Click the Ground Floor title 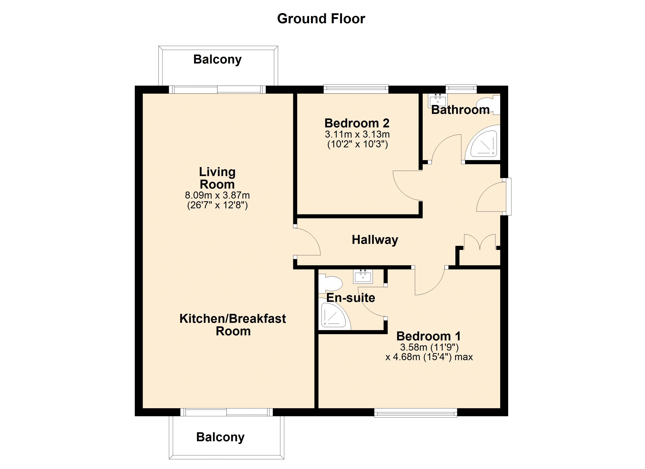click(x=321, y=19)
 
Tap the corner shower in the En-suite click(x=334, y=314)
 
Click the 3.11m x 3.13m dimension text click(x=357, y=134)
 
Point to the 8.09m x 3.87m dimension click(x=217, y=195)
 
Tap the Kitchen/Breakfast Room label click(x=233, y=325)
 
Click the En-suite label click(x=351, y=298)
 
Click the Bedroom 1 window click(x=416, y=413)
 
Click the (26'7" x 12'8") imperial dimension click(x=217, y=205)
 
